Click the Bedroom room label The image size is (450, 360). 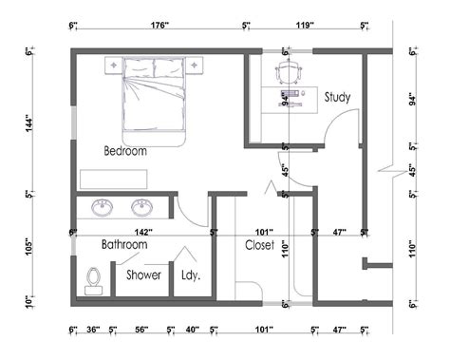[125, 151]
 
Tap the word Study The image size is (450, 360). [337, 97]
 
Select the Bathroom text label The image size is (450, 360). [124, 245]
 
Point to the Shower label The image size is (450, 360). [143, 276]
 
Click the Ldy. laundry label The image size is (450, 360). [190, 276]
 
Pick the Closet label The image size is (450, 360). [259, 245]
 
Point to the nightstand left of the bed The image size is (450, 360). [110, 65]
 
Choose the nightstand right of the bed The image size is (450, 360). [198, 65]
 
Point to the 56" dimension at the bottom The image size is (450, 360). [140, 331]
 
